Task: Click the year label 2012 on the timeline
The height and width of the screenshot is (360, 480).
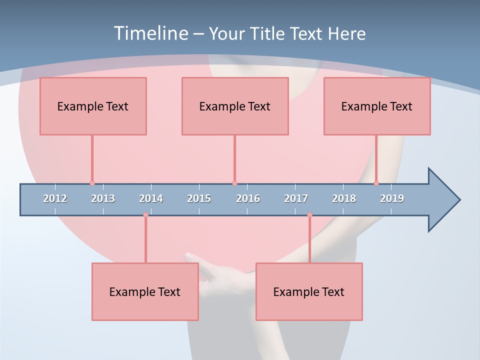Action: click(55, 198)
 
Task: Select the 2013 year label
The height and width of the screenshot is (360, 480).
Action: click(103, 198)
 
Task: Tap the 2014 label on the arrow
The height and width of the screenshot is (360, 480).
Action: click(151, 198)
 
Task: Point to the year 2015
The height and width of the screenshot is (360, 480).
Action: click(199, 198)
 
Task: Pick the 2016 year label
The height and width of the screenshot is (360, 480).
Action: click(248, 198)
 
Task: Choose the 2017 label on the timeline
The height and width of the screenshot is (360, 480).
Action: click(296, 198)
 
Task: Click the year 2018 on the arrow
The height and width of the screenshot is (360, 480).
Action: click(344, 198)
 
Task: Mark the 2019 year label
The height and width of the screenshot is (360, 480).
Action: click(392, 198)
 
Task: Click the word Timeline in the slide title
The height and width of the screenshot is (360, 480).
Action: click(150, 33)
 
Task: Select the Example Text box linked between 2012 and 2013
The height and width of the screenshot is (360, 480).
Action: click(93, 106)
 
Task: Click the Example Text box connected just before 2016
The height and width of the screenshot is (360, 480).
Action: click(235, 106)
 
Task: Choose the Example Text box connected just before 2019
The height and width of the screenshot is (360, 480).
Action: click(377, 106)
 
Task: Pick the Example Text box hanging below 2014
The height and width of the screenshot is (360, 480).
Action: click(145, 291)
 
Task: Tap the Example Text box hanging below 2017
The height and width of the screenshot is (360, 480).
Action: click(309, 291)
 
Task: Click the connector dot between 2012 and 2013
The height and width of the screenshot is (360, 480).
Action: click(92, 183)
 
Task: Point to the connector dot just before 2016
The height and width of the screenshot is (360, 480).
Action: click(234, 183)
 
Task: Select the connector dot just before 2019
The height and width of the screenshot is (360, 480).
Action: click(376, 183)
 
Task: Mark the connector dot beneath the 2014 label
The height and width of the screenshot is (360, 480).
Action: click(145, 215)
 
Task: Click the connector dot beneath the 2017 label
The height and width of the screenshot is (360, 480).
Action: click(309, 215)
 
